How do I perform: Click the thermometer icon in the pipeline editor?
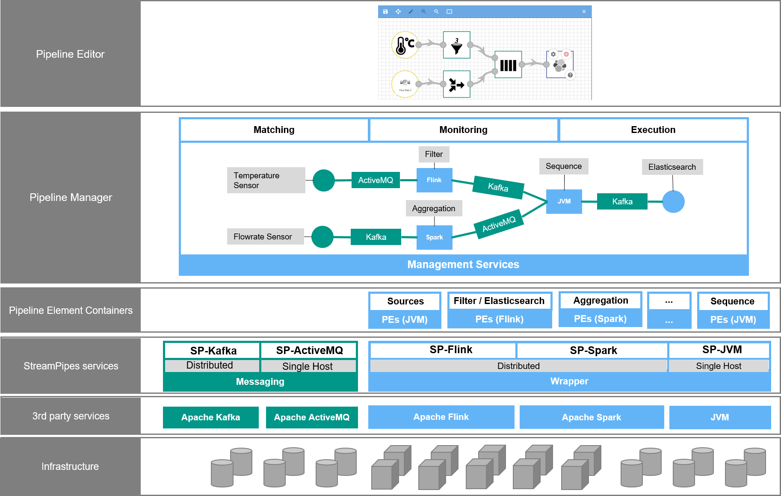[404, 45]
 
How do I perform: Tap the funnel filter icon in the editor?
[456, 45]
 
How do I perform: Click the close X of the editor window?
[584, 12]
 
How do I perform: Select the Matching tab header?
[274, 130]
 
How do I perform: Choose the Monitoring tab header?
[463, 130]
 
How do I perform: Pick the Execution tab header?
[653, 130]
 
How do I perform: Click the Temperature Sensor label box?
[266, 180]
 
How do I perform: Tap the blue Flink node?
[434, 180]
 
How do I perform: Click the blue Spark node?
[434, 237]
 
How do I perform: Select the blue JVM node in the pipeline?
[564, 201]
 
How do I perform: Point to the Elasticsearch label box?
[672, 167]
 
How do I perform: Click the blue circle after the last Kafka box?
[673, 202]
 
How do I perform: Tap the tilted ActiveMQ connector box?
[499, 224]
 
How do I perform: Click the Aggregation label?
[434, 209]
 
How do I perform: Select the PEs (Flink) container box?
[499, 319]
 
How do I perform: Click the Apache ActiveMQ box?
[311, 417]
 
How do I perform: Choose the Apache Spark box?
[591, 417]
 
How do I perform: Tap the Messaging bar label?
[260, 382]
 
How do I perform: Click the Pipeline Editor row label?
[70, 54]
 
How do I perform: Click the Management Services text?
[463, 265]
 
